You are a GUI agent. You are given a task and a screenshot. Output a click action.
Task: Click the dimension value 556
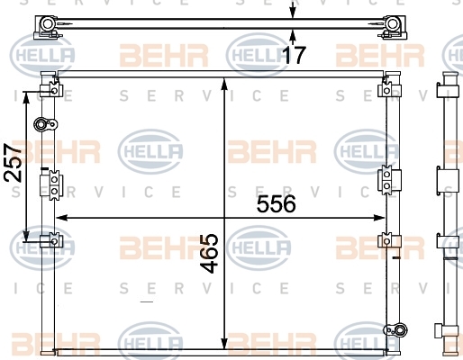[x=276, y=203]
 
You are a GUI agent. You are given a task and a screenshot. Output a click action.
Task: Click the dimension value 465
[x=209, y=253]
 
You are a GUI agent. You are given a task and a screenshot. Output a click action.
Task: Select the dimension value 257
[x=14, y=163]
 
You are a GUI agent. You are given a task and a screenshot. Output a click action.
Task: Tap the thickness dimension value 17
[x=295, y=55]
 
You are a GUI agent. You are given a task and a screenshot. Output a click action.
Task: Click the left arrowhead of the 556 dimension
[x=61, y=218]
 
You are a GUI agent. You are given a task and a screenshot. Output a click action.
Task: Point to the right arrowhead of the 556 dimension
[x=379, y=218]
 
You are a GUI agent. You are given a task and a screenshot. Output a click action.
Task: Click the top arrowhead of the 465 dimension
[x=224, y=84]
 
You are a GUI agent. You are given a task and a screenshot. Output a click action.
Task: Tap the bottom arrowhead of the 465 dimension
[x=224, y=344]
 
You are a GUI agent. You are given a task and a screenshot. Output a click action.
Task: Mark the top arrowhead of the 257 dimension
[x=26, y=96]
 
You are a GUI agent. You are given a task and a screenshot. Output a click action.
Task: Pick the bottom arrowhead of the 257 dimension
[x=26, y=236]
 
